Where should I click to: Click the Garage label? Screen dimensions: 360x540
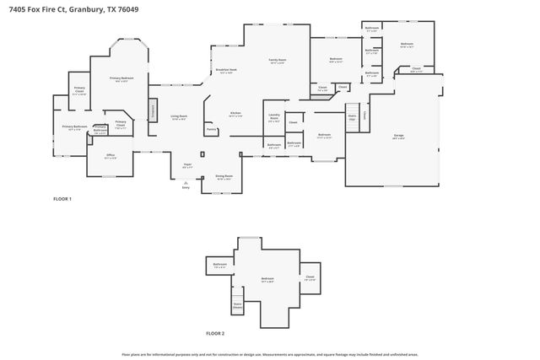click(398, 136)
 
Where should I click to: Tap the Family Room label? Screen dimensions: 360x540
click(278, 61)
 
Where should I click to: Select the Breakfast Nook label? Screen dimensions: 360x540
click(225, 71)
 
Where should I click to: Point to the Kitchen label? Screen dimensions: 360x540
click(236, 115)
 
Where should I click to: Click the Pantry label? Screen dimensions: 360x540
click(211, 130)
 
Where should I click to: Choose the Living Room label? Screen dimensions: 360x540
click(179, 117)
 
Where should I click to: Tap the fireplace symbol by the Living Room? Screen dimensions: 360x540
click(153, 110)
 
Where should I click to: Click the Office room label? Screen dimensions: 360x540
click(111, 156)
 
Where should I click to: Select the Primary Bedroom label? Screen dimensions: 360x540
click(119, 79)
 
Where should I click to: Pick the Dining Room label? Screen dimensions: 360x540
click(224, 177)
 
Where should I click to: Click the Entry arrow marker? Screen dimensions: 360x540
click(186, 184)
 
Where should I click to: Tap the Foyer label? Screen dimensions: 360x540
click(188, 165)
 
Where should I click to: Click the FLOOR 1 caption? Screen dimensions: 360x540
click(62, 199)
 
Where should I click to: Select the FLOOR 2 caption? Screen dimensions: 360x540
click(215, 333)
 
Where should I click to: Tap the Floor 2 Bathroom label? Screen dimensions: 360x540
click(219, 266)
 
